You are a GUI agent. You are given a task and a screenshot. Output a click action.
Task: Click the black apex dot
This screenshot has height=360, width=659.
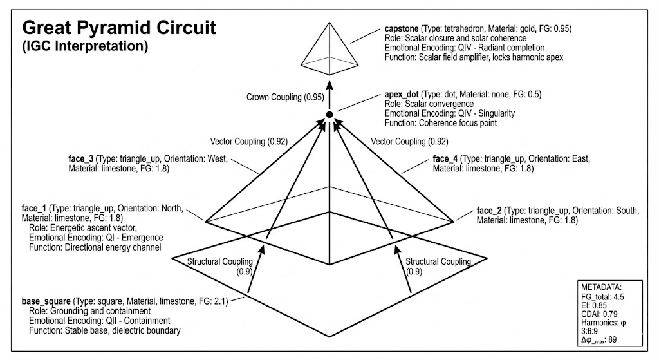tap(329, 114)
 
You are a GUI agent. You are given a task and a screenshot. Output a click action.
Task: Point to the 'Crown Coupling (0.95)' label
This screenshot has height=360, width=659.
tap(283, 97)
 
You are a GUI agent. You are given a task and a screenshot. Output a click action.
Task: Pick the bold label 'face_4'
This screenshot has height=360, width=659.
tap(445, 158)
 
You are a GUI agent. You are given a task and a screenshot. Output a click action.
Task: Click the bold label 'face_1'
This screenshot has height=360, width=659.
tap(33, 209)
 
